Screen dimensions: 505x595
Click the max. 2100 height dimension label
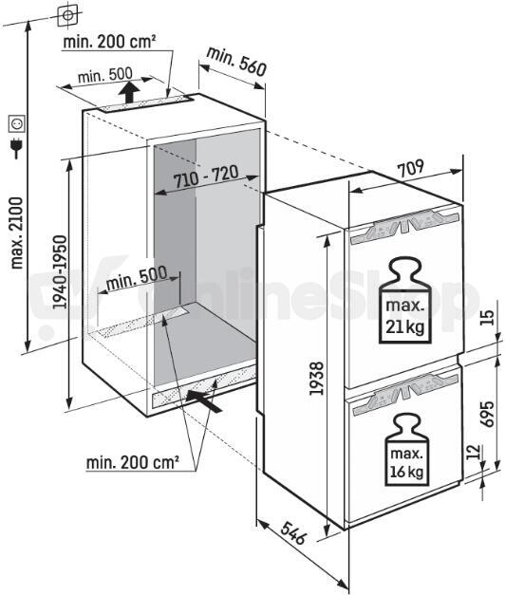17,233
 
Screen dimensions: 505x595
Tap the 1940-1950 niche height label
60,272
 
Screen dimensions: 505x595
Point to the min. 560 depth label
236,62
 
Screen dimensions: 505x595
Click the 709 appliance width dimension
410,167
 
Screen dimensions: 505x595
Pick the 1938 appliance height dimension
317,378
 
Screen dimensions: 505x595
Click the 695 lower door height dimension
488,414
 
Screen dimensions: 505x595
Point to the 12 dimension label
473,452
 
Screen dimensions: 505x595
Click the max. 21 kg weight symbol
405,301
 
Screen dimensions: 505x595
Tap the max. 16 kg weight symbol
406,449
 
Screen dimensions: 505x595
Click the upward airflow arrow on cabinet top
128,92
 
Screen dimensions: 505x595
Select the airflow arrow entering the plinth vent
204,401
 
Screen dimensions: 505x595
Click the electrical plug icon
16,148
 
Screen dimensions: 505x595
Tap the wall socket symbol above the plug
17,123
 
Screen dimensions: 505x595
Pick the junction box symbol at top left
67,15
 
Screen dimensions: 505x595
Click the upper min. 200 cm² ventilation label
109,42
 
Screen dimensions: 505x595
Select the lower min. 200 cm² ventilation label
133,462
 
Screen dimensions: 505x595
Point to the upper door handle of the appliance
405,227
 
